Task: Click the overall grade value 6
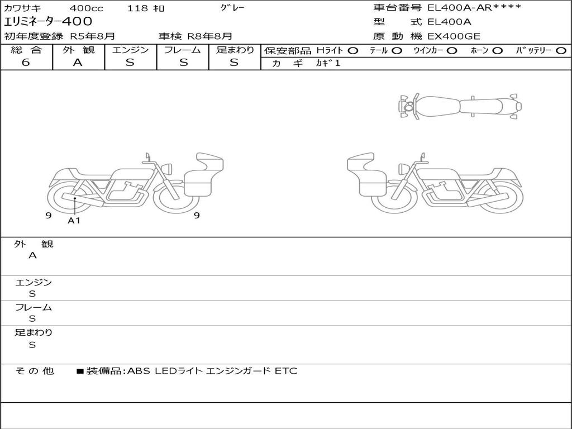26,63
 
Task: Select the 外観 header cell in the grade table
78,50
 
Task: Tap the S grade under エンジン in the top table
130,63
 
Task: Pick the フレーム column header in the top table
183,50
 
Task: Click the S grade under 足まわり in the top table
234,63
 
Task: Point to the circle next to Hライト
353,51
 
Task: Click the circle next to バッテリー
561,51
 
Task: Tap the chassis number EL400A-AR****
474,8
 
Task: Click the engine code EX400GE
454,36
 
